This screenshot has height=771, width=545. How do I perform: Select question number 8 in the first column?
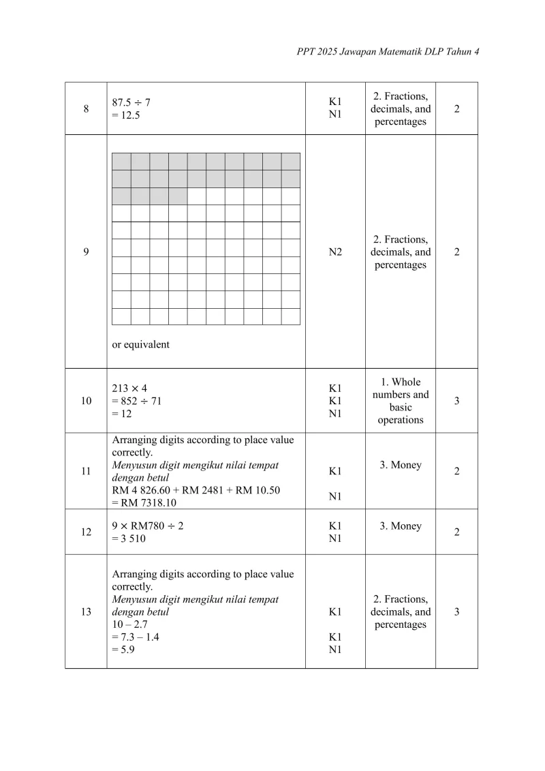pyautogui.click(x=86, y=109)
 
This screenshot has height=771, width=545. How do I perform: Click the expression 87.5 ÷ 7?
pyautogui.click(x=131, y=102)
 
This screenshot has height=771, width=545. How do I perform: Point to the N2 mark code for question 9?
pyautogui.click(x=335, y=252)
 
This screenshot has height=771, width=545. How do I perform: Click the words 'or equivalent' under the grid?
pyautogui.click(x=141, y=344)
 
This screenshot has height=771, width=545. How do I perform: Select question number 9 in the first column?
pyautogui.click(x=86, y=252)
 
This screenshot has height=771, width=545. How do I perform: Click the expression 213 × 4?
pyautogui.click(x=129, y=389)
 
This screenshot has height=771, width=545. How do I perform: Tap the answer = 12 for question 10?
pyautogui.click(x=123, y=414)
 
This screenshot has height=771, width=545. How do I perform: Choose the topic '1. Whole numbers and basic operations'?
pyautogui.click(x=401, y=401)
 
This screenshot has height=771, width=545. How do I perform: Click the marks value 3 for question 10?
pyautogui.click(x=456, y=401)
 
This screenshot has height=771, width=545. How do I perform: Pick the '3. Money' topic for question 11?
pyautogui.click(x=401, y=465)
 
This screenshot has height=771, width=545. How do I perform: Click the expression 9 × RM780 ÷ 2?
pyautogui.click(x=147, y=526)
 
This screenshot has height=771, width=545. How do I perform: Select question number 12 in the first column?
pyautogui.click(x=86, y=532)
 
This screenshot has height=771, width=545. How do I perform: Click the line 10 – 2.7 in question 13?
pyautogui.click(x=130, y=624)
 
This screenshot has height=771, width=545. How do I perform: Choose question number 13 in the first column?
pyautogui.click(x=86, y=611)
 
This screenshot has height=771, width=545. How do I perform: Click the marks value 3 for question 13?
pyautogui.click(x=456, y=611)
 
